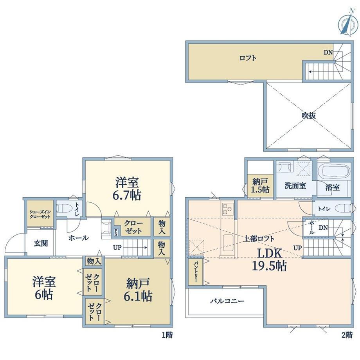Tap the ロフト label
(x=248, y=58)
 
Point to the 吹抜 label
(x=309, y=115)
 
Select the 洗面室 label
(x=295, y=185)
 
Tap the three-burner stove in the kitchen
(x=227, y=209)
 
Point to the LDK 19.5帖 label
(x=269, y=260)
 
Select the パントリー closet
(x=196, y=272)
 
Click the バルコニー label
(x=227, y=301)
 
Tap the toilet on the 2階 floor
(x=343, y=209)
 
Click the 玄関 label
(x=41, y=243)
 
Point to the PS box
(x=116, y=232)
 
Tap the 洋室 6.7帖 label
(x=127, y=188)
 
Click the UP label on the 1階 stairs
(x=117, y=247)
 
